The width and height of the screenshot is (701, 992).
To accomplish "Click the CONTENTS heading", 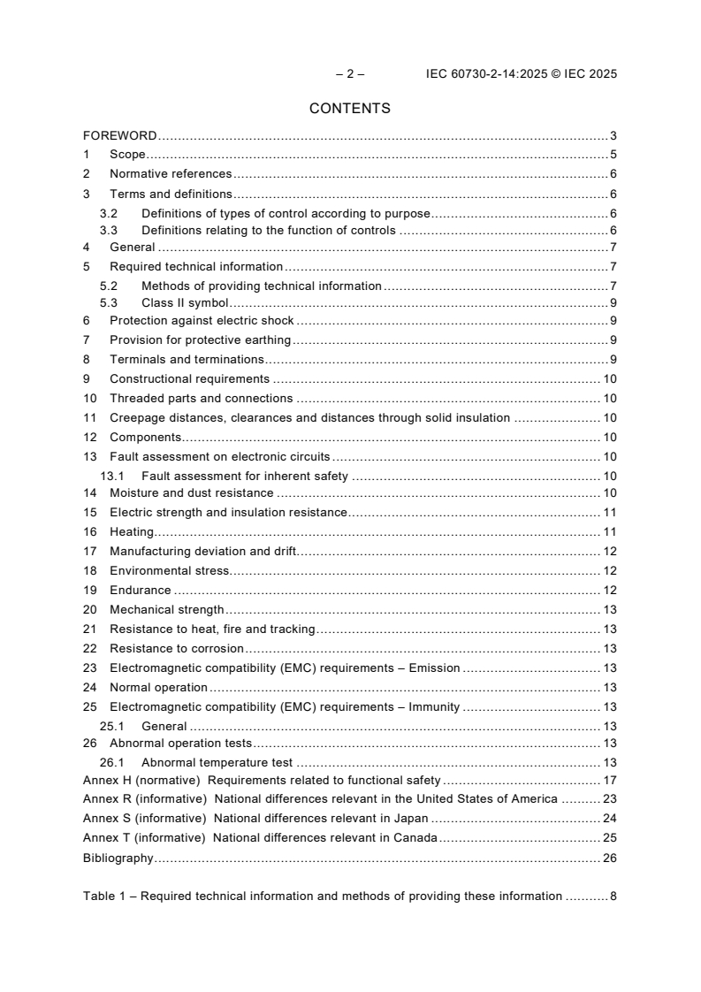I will coord(350,109).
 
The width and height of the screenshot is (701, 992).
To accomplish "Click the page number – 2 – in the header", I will coord(350,74).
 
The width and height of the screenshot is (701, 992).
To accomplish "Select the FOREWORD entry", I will coord(120,136).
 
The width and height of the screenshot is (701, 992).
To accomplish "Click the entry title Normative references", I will coord(171,174).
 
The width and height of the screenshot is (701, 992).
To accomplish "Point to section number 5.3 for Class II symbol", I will coord(108,302).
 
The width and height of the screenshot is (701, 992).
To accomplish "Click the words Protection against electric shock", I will coord(202,321).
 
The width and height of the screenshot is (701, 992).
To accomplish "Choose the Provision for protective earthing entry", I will coord(201,340).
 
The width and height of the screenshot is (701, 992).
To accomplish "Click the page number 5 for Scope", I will coord(613,155).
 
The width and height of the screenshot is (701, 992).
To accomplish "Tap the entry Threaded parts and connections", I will coord(201,398).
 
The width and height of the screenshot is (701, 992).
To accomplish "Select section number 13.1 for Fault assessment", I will coord(111,476).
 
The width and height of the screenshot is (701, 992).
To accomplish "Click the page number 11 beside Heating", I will coord(609,532).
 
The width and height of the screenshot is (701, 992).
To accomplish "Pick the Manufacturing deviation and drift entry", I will coord(202,552).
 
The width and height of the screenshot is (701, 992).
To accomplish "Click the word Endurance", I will coord(140,590).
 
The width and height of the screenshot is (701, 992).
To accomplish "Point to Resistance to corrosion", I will coord(176,648).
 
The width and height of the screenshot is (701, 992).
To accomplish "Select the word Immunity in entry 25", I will coord(433,706).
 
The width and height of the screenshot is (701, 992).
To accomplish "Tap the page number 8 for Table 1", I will coord(613,896).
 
